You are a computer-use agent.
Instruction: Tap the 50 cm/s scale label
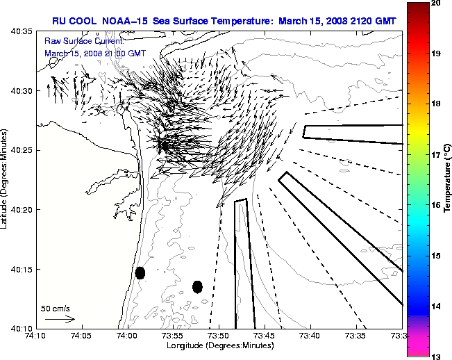(56, 308)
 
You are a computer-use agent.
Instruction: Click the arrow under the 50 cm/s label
(59, 319)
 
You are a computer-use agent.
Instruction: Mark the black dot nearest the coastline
(140, 272)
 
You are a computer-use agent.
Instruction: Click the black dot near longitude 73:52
(197, 286)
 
